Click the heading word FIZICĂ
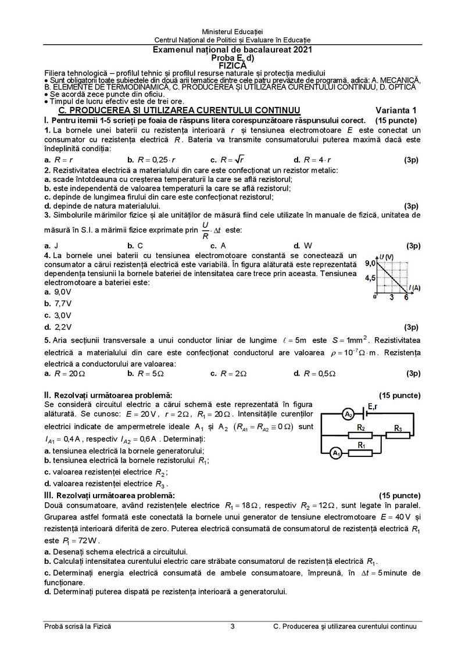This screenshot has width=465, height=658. pyautogui.click(x=233, y=66)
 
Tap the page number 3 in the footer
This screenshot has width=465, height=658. pyautogui.click(x=233, y=626)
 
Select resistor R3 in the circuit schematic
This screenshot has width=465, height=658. pyautogui.click(x=398, y=435)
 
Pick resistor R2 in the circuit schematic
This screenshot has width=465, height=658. pyautogui.click(x=360, y=435)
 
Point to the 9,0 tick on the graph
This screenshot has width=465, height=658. pyautogui.click(x=370, y=263)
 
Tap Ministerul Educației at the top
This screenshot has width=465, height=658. pyautogui.click(x=233, y=30)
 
